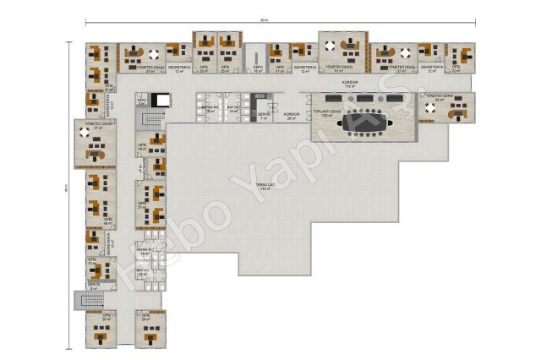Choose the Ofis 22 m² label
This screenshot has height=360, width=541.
(456, 68)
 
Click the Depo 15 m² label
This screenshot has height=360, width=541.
(259, 69)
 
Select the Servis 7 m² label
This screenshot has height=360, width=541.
(264, 117)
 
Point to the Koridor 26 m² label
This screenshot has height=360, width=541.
(292, 115)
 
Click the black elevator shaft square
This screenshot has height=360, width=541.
(162, 99)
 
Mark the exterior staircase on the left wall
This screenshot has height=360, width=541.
(81, 299)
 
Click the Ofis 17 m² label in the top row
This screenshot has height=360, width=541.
(280, 68)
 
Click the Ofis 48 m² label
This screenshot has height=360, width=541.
(107, 221)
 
